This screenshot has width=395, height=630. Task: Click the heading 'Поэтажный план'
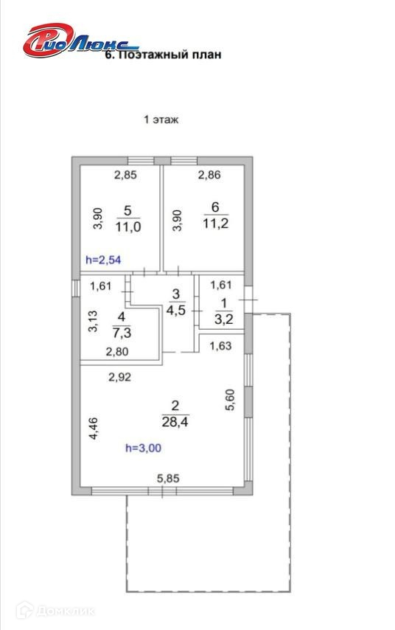point(169,55)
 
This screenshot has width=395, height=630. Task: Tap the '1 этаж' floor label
point(161,120)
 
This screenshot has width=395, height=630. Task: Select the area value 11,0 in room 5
point(128,227)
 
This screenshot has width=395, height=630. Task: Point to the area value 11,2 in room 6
point(216,224)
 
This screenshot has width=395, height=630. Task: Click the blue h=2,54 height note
point(103,260)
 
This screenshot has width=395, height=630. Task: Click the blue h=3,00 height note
point(143,448)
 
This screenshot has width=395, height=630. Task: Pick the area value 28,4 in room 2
point(175,422)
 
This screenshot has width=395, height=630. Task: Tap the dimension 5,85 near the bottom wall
point(168,479)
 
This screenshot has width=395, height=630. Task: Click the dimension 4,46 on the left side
point(93,429)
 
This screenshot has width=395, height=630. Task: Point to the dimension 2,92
point(119,377)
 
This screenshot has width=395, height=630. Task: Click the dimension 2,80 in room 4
point(117,352)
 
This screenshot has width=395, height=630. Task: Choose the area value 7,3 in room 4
point(122,333)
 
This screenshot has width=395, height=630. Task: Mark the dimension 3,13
point(93,322)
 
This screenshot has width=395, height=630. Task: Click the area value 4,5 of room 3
point(176,310)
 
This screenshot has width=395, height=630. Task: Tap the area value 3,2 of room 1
point(224,319)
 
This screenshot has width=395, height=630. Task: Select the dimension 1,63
point(221,345)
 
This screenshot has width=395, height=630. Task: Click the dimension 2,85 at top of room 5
point(125,175)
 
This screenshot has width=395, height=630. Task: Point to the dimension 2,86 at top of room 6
point(209,174)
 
